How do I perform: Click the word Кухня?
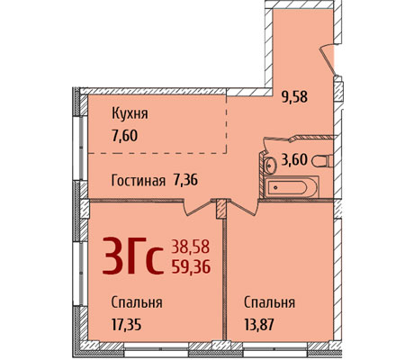pyautogui.click(x=130, y=114)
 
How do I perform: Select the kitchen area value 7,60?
pyautogui.click(x=124, y=136)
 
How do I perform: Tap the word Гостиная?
pyautogui.click(x=139, y=181)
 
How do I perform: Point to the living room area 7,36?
pyautogui.click(x=185, y=180)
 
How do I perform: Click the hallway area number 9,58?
pyautogui.click(x=294, y=97)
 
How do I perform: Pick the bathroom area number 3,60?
pyautogui.click(x=294, y=159)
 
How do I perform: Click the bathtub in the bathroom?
pyautogui.click(x=291, y=187)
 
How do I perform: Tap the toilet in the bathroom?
pyautogui.click(x=322, y=161)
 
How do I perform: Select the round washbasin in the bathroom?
pyautogui.click(x=271, y=165)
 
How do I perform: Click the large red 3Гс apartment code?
pyautogui.click(x=133, y=256)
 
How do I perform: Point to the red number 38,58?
pyautogui.click(x=190, y=247)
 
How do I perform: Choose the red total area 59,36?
pyautogui.click(x=191, y=266)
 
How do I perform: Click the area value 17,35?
pyautogui.click(x=126, y=324)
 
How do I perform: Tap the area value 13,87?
pyautogui.click(x=259, y=324)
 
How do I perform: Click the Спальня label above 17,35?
pyautogui.click(x=137, y=303)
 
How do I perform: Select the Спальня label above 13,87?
pyautogui.click(x=269, y=303)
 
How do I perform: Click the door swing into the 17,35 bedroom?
pyautogui.click(x=198, y=208)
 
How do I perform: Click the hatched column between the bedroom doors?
pyautogui.click(x=220, y=209)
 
